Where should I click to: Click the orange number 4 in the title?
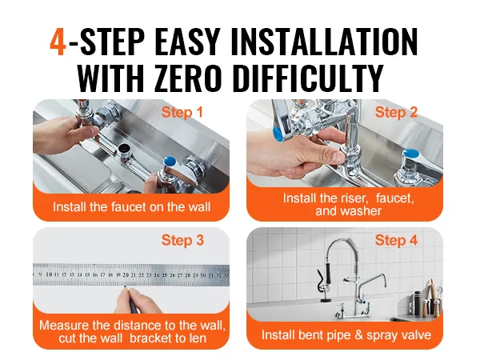58,42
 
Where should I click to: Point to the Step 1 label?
182,112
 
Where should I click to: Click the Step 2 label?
397,112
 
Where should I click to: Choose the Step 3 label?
182,240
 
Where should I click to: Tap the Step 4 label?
397,240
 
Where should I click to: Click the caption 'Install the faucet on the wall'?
132,206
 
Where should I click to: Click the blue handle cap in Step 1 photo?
170,161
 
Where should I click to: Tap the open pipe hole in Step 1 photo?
124,148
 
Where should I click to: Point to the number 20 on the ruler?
126,275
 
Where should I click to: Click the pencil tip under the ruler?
125,287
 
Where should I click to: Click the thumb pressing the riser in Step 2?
334,154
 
